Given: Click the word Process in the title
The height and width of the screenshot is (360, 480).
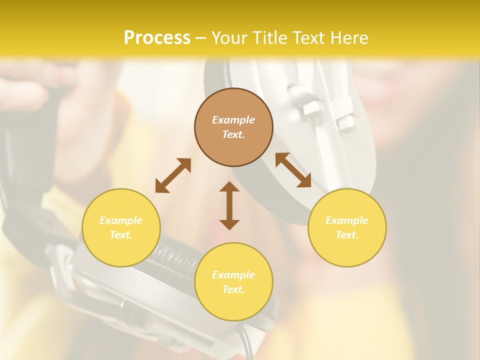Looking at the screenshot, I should coord(157,38).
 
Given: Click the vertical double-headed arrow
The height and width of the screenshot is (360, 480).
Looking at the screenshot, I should coord(229,206).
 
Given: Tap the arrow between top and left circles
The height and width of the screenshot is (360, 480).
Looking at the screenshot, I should coord(173,175).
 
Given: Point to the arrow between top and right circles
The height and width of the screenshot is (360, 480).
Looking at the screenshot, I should coord(293,170).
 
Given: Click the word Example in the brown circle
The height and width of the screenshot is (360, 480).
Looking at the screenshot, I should coord(233,120).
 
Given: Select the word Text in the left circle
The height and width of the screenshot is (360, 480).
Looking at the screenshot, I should coord(121,235).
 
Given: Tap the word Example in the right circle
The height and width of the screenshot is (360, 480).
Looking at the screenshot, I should coord(347,220).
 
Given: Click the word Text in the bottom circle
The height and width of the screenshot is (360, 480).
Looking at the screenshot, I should coord(233,289).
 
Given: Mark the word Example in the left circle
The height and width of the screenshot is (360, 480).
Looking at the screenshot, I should coord(121,220).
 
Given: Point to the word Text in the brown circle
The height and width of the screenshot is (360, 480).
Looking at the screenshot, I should coord(233,134).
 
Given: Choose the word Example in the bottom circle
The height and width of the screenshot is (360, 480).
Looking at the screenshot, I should coord(233,275).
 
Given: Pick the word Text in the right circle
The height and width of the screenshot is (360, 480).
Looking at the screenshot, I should coord(347,235).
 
